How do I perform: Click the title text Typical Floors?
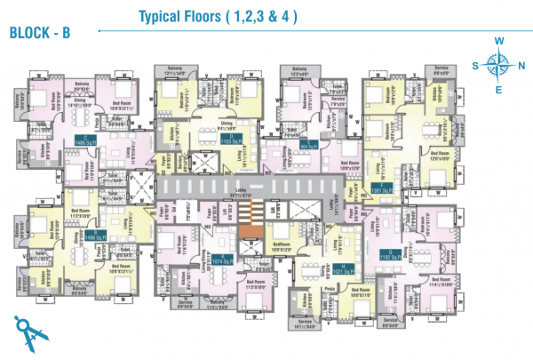(x=217, y=17)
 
